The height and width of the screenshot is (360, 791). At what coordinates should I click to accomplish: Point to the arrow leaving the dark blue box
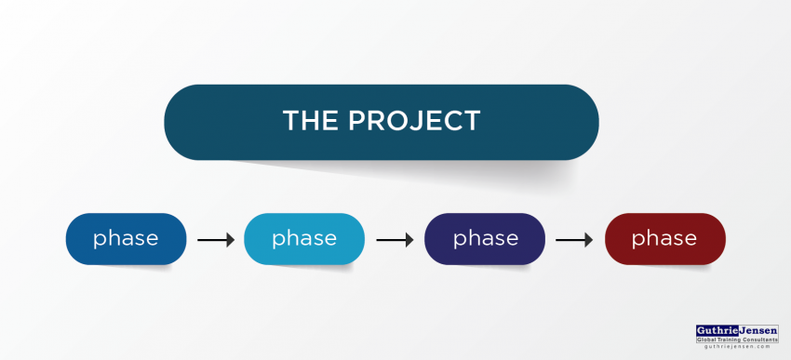click(x=216, y=240)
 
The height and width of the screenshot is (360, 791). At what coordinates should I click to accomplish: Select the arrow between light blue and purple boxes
click(x=395, y=240)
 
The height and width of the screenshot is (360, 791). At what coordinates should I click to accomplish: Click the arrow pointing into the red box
click(x=574, y=240)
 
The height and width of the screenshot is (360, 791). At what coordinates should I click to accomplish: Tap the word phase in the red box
click(x=664, y=238)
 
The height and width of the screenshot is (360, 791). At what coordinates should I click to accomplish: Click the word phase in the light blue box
click(x=303, y=238)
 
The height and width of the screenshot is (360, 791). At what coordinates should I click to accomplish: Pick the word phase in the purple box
click(x=485, y=238)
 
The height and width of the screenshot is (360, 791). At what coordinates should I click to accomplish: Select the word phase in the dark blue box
click(x=126, y=238)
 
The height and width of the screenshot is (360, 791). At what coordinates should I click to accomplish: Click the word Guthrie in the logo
click(x=718, y=330)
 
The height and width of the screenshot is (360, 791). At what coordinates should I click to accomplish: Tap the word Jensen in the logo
click(x=759, y=330)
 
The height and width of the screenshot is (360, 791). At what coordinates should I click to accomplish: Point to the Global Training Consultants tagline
click(x=738, y=340)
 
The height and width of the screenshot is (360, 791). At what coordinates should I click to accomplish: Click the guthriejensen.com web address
click(x=738, y=348)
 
